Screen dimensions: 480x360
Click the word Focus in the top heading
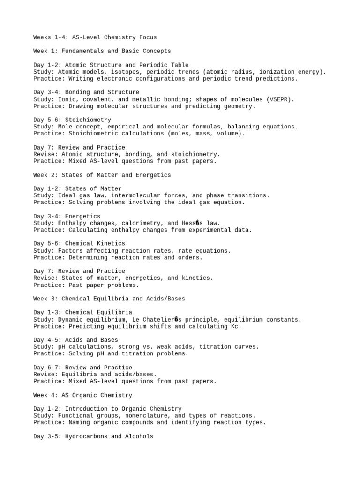tap(146, 37)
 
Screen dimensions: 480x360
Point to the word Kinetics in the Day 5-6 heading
tap(111, 244)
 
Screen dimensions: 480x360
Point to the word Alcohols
tap(139, 436)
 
